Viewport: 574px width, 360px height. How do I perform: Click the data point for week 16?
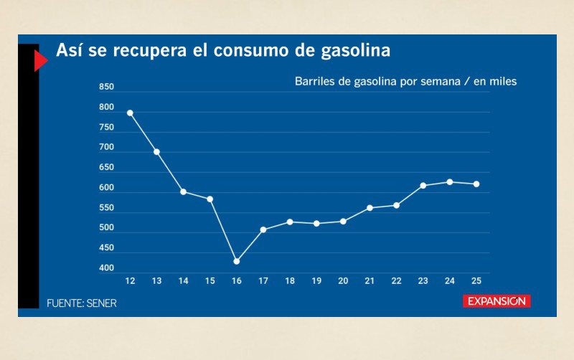(x=236, y=261)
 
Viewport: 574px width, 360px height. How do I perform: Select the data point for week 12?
(x=130, y=113)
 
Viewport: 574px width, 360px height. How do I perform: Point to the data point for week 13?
(x=156, y=152)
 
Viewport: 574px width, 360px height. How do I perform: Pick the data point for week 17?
(x=263, y=229)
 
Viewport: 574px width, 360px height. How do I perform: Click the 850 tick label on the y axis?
(x=106, y=87)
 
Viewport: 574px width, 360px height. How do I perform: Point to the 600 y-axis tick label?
(x=106, y=188)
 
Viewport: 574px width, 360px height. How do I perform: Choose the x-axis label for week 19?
(x=316, y=280)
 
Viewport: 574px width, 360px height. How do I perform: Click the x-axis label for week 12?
(x=130, y=280)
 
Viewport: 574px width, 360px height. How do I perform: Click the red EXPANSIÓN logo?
(x=496, y=301)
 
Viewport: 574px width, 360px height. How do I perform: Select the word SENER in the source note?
(x=102, y=303)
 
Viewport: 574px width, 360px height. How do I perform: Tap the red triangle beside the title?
(x=40, y=62)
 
